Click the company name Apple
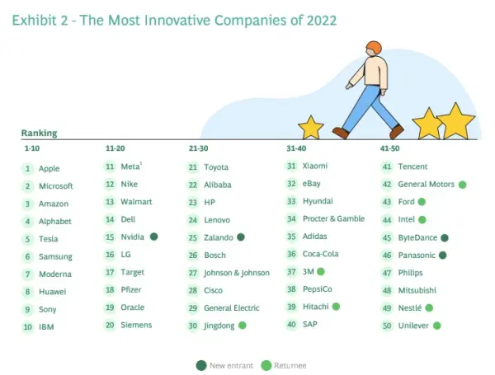point(49,169)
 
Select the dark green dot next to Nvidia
point(153,237)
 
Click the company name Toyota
point(215,167)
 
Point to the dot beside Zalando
point(240,237)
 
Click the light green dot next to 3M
point(320,271)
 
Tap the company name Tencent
point(412,166)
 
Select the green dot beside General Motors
point(462,185)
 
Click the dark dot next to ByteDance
point(445,237)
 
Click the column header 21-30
point(198,148)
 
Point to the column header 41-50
point(389,148)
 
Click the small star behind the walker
point(310,127)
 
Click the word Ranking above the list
point(39,133)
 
